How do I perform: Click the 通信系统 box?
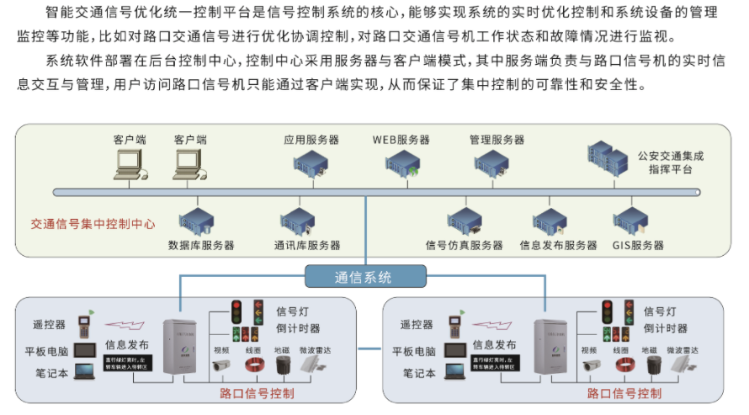pos(364,277)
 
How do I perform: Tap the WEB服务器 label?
pos(401,139)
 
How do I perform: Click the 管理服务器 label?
pos(497,139)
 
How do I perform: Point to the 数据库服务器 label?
pos(201,246)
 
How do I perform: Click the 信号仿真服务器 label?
pos(464,246)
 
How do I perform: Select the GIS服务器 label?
pos(638,246)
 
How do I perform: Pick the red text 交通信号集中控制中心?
pos(93,225)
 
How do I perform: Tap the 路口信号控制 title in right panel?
pos(624,394)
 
